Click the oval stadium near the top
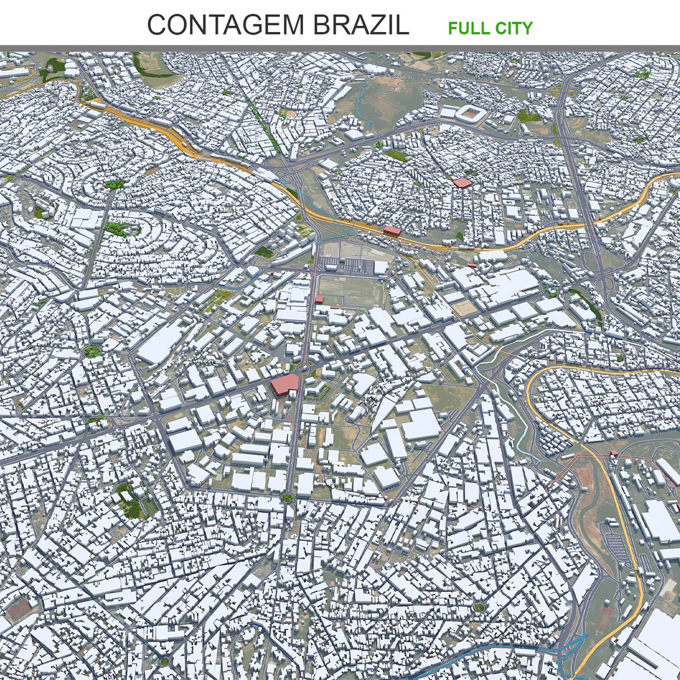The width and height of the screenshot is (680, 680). point(471,114)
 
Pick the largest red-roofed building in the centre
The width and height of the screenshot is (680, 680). point(285,385)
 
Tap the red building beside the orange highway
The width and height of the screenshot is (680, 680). point(392,230)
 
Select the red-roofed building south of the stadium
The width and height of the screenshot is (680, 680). point(462,183)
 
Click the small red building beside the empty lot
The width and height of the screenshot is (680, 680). point(319,300)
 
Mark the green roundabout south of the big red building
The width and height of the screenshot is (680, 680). point(288,497)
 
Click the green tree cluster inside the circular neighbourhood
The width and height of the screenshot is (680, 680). point(116,228)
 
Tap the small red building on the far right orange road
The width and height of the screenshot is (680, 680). point(613,454)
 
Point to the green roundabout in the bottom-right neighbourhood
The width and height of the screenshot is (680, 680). point(479,608)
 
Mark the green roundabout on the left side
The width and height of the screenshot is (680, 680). point(92,351)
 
